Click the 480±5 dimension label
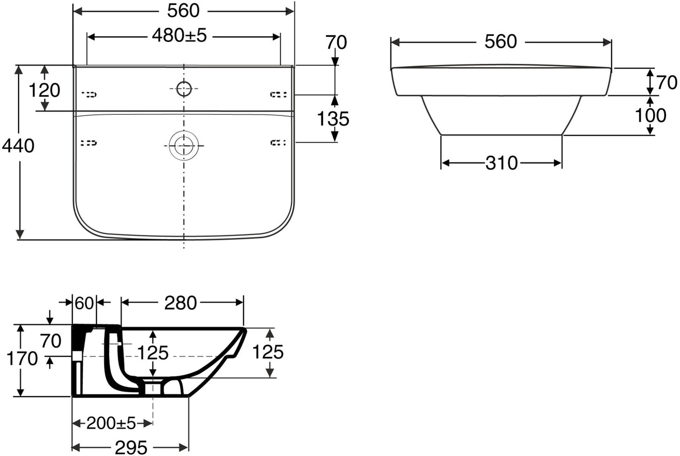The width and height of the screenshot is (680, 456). point(179,36)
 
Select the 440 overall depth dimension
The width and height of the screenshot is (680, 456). point(18,146)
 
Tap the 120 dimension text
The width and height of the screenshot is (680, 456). point(45,90)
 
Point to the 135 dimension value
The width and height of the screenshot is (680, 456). point(333,118)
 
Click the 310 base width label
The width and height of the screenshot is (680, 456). point(501,163)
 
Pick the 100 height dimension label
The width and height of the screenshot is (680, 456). point(650,115)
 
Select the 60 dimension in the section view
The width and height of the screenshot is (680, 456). point(84,303)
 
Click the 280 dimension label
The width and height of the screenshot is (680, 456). point(180,303)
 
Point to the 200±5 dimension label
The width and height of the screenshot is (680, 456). point(111,423)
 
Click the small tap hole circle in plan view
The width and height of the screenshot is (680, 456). point(184,88)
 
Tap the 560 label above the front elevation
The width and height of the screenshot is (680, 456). point(500,41)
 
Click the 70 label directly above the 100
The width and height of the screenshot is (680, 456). point(667,83)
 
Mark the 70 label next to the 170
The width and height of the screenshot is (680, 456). point(50,340)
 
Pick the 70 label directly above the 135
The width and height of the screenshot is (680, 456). point(335,42)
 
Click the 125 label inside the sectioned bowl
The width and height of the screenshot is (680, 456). point(153,353)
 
